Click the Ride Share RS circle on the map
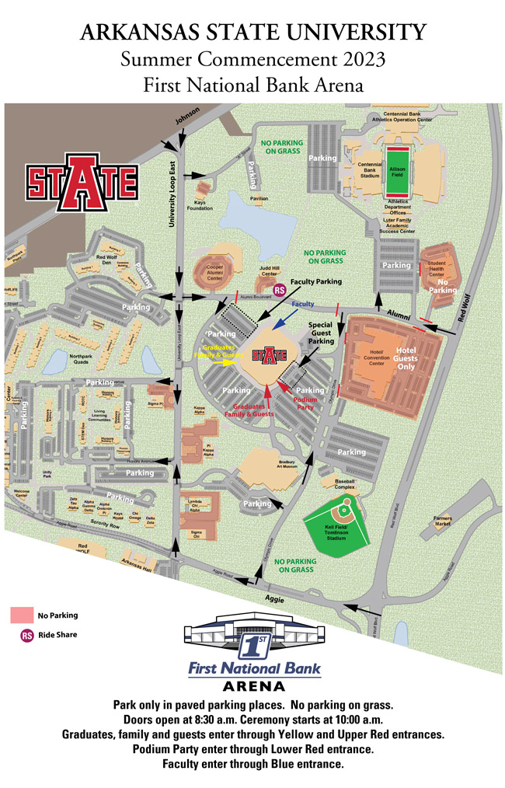point(280,289)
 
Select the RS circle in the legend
point(26,635)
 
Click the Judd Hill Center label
point(269,272)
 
